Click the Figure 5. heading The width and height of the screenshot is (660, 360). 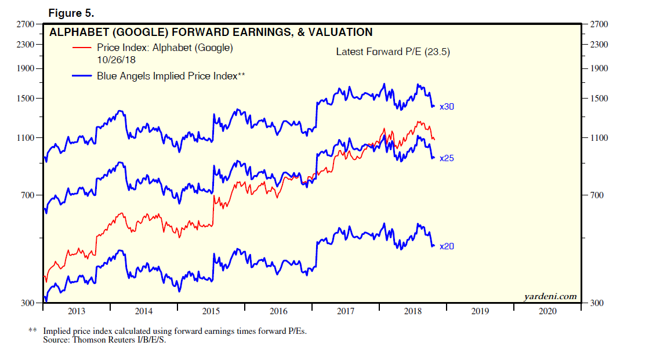(x=71, y=13)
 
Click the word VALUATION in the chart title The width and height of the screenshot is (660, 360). (x=340, y=32)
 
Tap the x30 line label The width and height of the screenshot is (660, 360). (x=447, y=107)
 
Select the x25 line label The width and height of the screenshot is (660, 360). (x=447, y=158)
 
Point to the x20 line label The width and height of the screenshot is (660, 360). (x=447, y=246)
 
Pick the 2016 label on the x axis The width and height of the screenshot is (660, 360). (x=278, y=311)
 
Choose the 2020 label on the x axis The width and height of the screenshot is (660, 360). (x=547, y=311)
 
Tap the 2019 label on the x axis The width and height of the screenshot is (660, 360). (x=480, y=311)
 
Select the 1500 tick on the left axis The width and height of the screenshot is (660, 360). (x=27, y=99)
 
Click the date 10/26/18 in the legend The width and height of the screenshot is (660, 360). (x=117, y=59)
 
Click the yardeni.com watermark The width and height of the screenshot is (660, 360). (x=550, y=297)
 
